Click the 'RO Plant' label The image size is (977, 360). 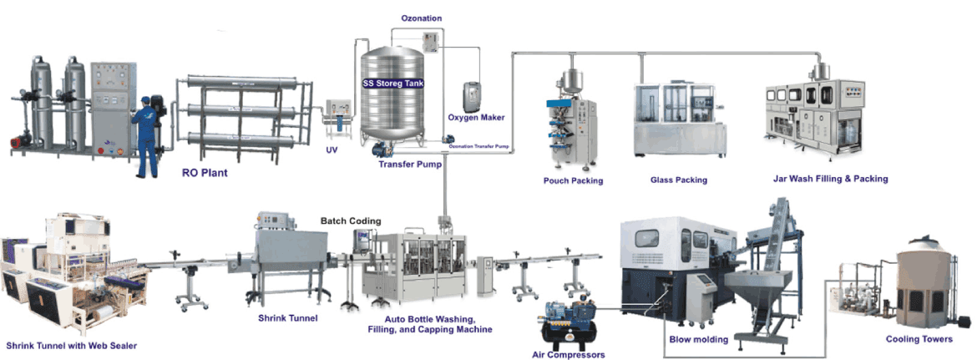click(204, 173)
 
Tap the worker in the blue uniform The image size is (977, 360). click(146, 137)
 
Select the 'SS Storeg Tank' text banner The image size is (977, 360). click(393, 82)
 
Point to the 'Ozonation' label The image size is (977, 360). click(421, 18)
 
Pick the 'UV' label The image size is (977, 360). click(332, 150)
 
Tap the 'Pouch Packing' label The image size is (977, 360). click(573, 181)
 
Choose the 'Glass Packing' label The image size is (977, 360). click(679, 180)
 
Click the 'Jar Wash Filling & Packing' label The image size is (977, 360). click(830, 179)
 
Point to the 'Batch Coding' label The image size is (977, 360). click(351, 221)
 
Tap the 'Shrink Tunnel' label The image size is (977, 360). click(288, 318)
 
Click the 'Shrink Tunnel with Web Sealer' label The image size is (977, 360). click(72, 345)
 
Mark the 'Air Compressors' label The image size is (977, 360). click(569, 355)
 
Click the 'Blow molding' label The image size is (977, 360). click(698, 339)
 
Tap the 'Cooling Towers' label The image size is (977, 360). click(919, 339)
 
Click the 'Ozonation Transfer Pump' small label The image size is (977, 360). click(479, 147)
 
